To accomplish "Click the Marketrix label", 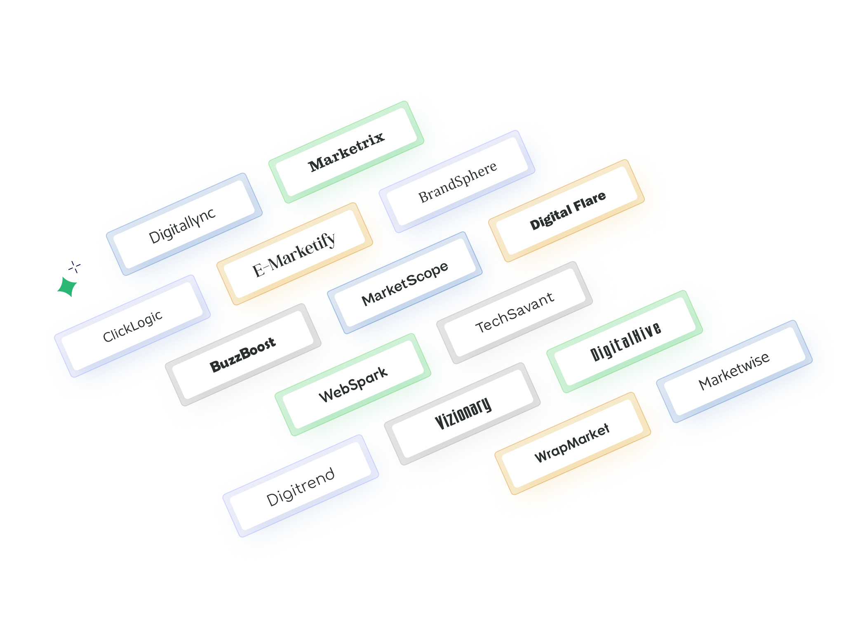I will click(346, 151).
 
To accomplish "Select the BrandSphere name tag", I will click(457, 182).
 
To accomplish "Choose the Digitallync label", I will click(182, 225).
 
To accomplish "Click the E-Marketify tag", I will click(294, 254).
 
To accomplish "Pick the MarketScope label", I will click(404, 283).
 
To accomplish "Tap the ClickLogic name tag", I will click(132, 326).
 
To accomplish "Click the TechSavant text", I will click(515, 312).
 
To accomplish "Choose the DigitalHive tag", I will click(625, 341).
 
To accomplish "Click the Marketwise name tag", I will click(734, 371).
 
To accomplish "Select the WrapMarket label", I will click(572, 443).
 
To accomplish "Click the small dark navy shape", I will click(75, 267).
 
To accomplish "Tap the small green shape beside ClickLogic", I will click(66, 286).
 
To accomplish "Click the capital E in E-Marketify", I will click(258, 271).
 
